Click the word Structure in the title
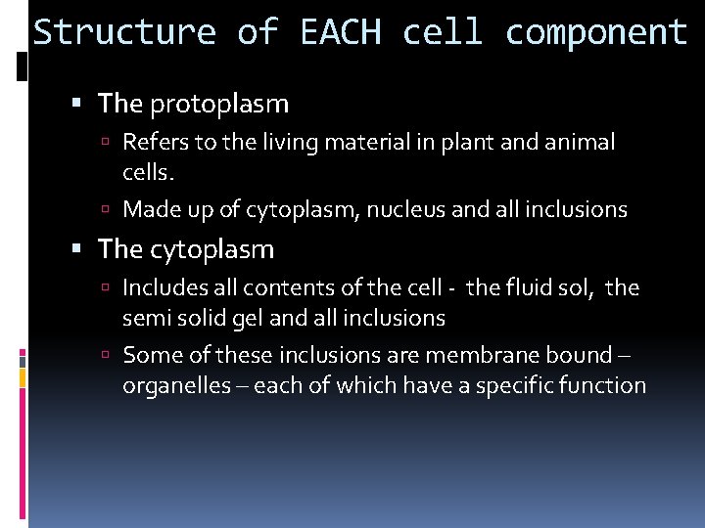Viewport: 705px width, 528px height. tap(124, 33)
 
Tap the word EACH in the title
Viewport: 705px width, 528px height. tap(342, 33)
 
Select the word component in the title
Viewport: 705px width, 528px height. tap(596, 33)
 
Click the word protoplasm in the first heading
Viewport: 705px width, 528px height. tap(219, 104)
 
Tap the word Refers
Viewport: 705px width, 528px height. tap(155, 143)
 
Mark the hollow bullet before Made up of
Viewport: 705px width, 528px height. tap(110, 209)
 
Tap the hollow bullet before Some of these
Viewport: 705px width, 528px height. tap(110, 356)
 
